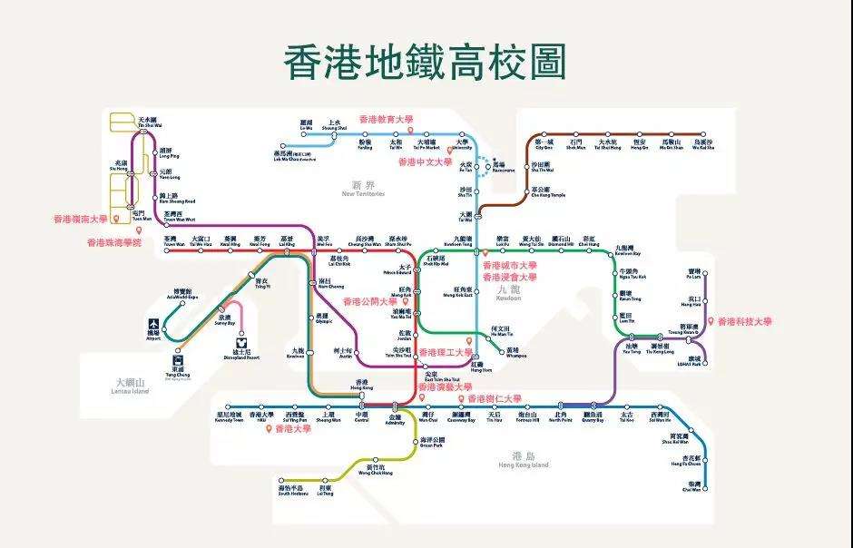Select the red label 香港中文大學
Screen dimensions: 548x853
click(x=425, y=162)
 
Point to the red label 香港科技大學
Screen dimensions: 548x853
click(x=745, y=321)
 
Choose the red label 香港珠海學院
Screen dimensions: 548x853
click(x=114, y=242)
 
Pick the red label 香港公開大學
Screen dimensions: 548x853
click(x=369, y=301)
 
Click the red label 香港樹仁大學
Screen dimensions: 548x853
click(x=495, y=398)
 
